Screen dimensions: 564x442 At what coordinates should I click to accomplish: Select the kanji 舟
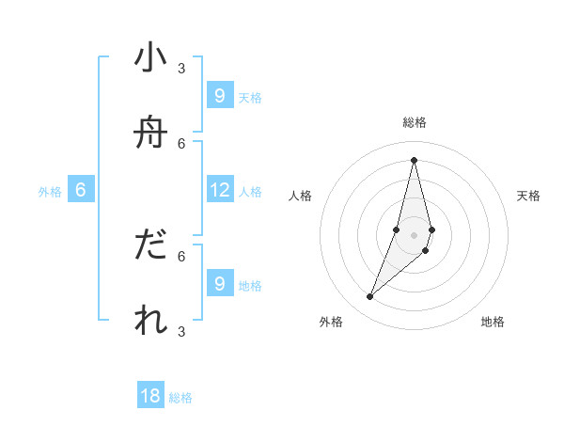coord(150,133)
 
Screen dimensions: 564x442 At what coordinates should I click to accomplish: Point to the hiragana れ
coord(150,320)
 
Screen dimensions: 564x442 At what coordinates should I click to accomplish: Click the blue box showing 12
coord(220,190)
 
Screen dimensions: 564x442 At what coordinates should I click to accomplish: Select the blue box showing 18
coord(150,396)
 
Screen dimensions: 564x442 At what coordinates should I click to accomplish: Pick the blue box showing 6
coord(81,190)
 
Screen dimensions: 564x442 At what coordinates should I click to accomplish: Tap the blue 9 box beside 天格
coord(219,95)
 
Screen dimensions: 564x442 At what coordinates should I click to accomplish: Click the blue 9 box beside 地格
coord(219,283)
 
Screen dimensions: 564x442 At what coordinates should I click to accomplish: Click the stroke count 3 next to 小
coord(181,68)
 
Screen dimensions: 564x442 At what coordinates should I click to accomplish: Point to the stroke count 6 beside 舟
coord(181,143)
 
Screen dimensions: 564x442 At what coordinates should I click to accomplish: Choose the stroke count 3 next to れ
coord(181,331)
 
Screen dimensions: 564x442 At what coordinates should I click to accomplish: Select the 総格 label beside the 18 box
coord(180,398)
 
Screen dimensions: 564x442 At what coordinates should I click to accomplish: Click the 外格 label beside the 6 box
coord(50,192)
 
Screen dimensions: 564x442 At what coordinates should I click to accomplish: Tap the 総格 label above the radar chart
coord(415,122)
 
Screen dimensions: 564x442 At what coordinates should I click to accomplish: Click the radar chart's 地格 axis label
coord(493,323)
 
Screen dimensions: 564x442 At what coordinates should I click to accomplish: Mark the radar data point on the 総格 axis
coord(414,160)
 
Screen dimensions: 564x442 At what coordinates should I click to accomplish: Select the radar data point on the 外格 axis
coord(370,297)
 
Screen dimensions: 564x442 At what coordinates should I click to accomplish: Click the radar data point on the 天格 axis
coord(431,229)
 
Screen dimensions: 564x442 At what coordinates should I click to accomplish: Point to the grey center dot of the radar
coord(414,235)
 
